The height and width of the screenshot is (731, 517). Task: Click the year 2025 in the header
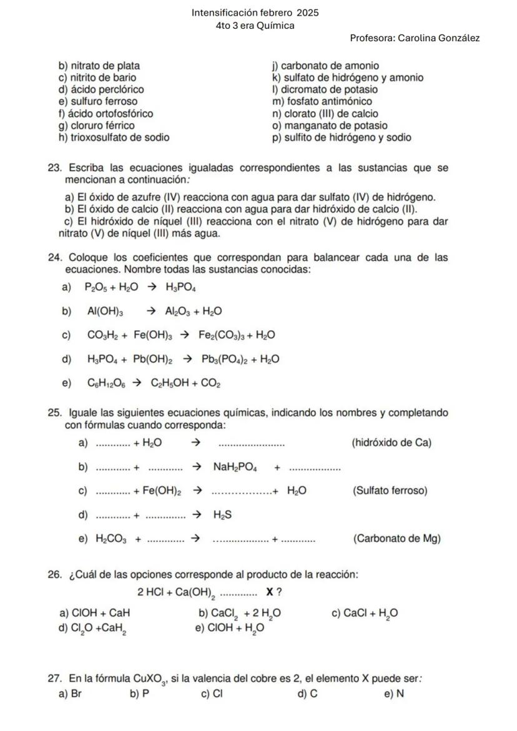307,12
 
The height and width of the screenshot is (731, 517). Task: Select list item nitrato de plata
99,66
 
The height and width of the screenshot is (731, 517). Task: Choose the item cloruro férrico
96,125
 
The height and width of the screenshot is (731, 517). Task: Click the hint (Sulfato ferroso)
390,491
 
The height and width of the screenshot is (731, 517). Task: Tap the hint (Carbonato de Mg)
396,539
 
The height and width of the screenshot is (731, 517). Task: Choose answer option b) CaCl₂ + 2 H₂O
239,614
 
